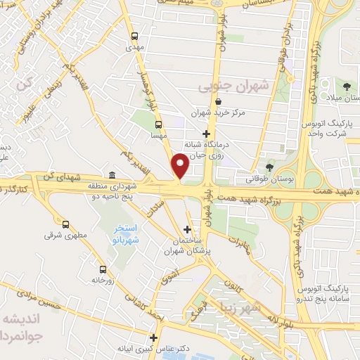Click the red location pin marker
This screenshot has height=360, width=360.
pyautogui.click(x=181, y=166)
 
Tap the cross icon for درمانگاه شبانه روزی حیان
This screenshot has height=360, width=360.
pyautogui.click(x=205, y=134)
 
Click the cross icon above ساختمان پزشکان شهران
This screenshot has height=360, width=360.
pyautogui.click(x=186, y=229)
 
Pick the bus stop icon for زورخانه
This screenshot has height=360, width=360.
pyautogui.click(x=103, y=269)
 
